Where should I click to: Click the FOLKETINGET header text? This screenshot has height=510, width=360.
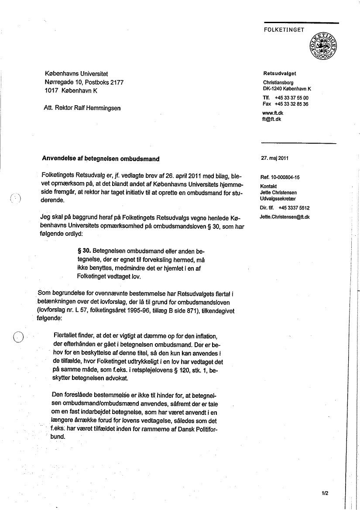[x=284, y=30]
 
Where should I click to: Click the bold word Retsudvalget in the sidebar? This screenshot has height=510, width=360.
[x=279, y=73]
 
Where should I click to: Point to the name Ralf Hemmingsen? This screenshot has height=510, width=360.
[x=100, y=107]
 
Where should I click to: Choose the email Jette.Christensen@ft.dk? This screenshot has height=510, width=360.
[x=285, y=217]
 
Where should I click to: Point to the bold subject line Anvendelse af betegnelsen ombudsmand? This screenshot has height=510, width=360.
[x=101, y=159]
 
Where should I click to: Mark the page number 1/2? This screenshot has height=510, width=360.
[x=325, y=493]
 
